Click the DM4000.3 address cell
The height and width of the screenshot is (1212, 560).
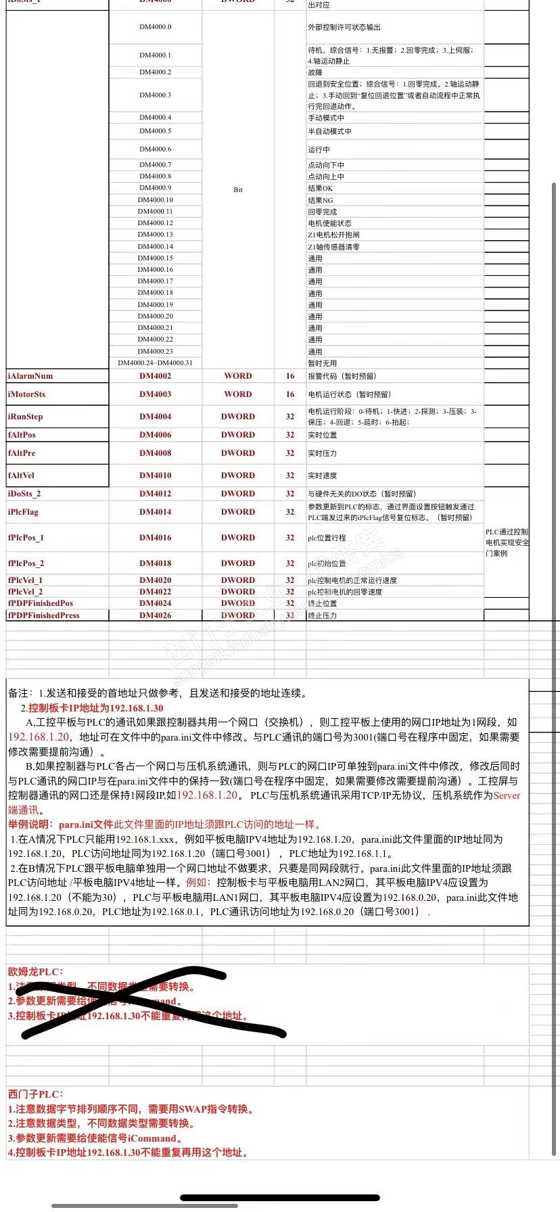tap(155, 95)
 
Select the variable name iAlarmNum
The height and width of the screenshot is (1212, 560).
tap(30, 376)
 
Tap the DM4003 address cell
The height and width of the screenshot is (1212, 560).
tap(155, 394)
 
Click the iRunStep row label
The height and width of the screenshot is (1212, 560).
tap(26, 417)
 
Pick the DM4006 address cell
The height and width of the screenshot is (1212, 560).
tap(155, 435)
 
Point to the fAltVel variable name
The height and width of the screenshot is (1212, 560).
tap(22, 475)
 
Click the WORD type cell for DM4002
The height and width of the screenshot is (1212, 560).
tap(237, 376)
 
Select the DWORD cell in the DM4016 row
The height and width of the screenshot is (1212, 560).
tap(237, 538)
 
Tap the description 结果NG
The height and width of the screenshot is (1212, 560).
tap(321, 200)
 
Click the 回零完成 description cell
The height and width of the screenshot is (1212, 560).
tap(323, 212)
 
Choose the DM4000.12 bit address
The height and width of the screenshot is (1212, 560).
tap(155, 223)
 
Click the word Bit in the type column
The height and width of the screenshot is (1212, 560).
tap(237, 190)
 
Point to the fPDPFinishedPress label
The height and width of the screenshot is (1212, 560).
tap(44, 615)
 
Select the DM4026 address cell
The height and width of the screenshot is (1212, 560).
tap(155, 615)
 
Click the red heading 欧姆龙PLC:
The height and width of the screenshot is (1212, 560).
tap(35, 972)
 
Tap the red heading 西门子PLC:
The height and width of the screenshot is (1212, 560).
tap(35, 1094)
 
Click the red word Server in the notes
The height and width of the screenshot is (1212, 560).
tap(507, 795)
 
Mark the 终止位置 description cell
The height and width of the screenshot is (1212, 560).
tap(323, 603)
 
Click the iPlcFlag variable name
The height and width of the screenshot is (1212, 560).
tap(24, 512)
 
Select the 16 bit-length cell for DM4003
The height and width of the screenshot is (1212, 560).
tap(290, 394)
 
